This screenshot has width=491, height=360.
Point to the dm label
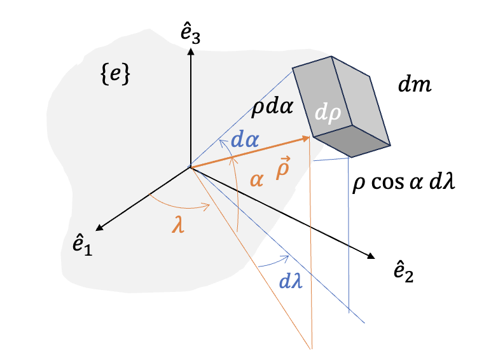(414, 85)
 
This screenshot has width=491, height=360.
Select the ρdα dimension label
(272, 107)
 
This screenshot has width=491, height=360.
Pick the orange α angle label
(256, 180)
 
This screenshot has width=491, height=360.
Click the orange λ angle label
(182, 225)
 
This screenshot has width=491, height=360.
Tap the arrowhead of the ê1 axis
(97, 228)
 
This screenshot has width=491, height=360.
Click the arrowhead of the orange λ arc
(209, 205)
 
